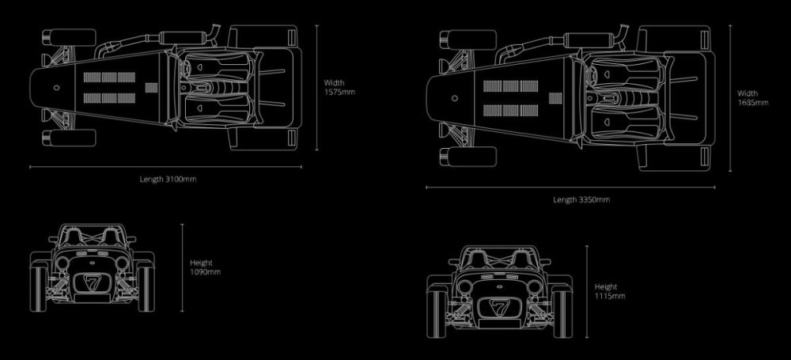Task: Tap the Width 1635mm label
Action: [752, 97]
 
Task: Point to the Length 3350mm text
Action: [581, 199]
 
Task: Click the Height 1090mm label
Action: [205, 267]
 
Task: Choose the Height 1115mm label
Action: [610, 291]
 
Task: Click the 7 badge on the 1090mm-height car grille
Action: [92, 282]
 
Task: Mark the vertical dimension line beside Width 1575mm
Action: [317, 87]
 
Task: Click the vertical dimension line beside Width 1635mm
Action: [729, 97]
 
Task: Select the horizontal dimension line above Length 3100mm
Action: [165, 167]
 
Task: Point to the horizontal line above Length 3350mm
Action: [570, 188]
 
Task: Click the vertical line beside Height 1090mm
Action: [183, 267]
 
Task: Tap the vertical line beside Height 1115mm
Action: [587, 291]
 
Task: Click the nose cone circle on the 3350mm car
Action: [455, 99]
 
